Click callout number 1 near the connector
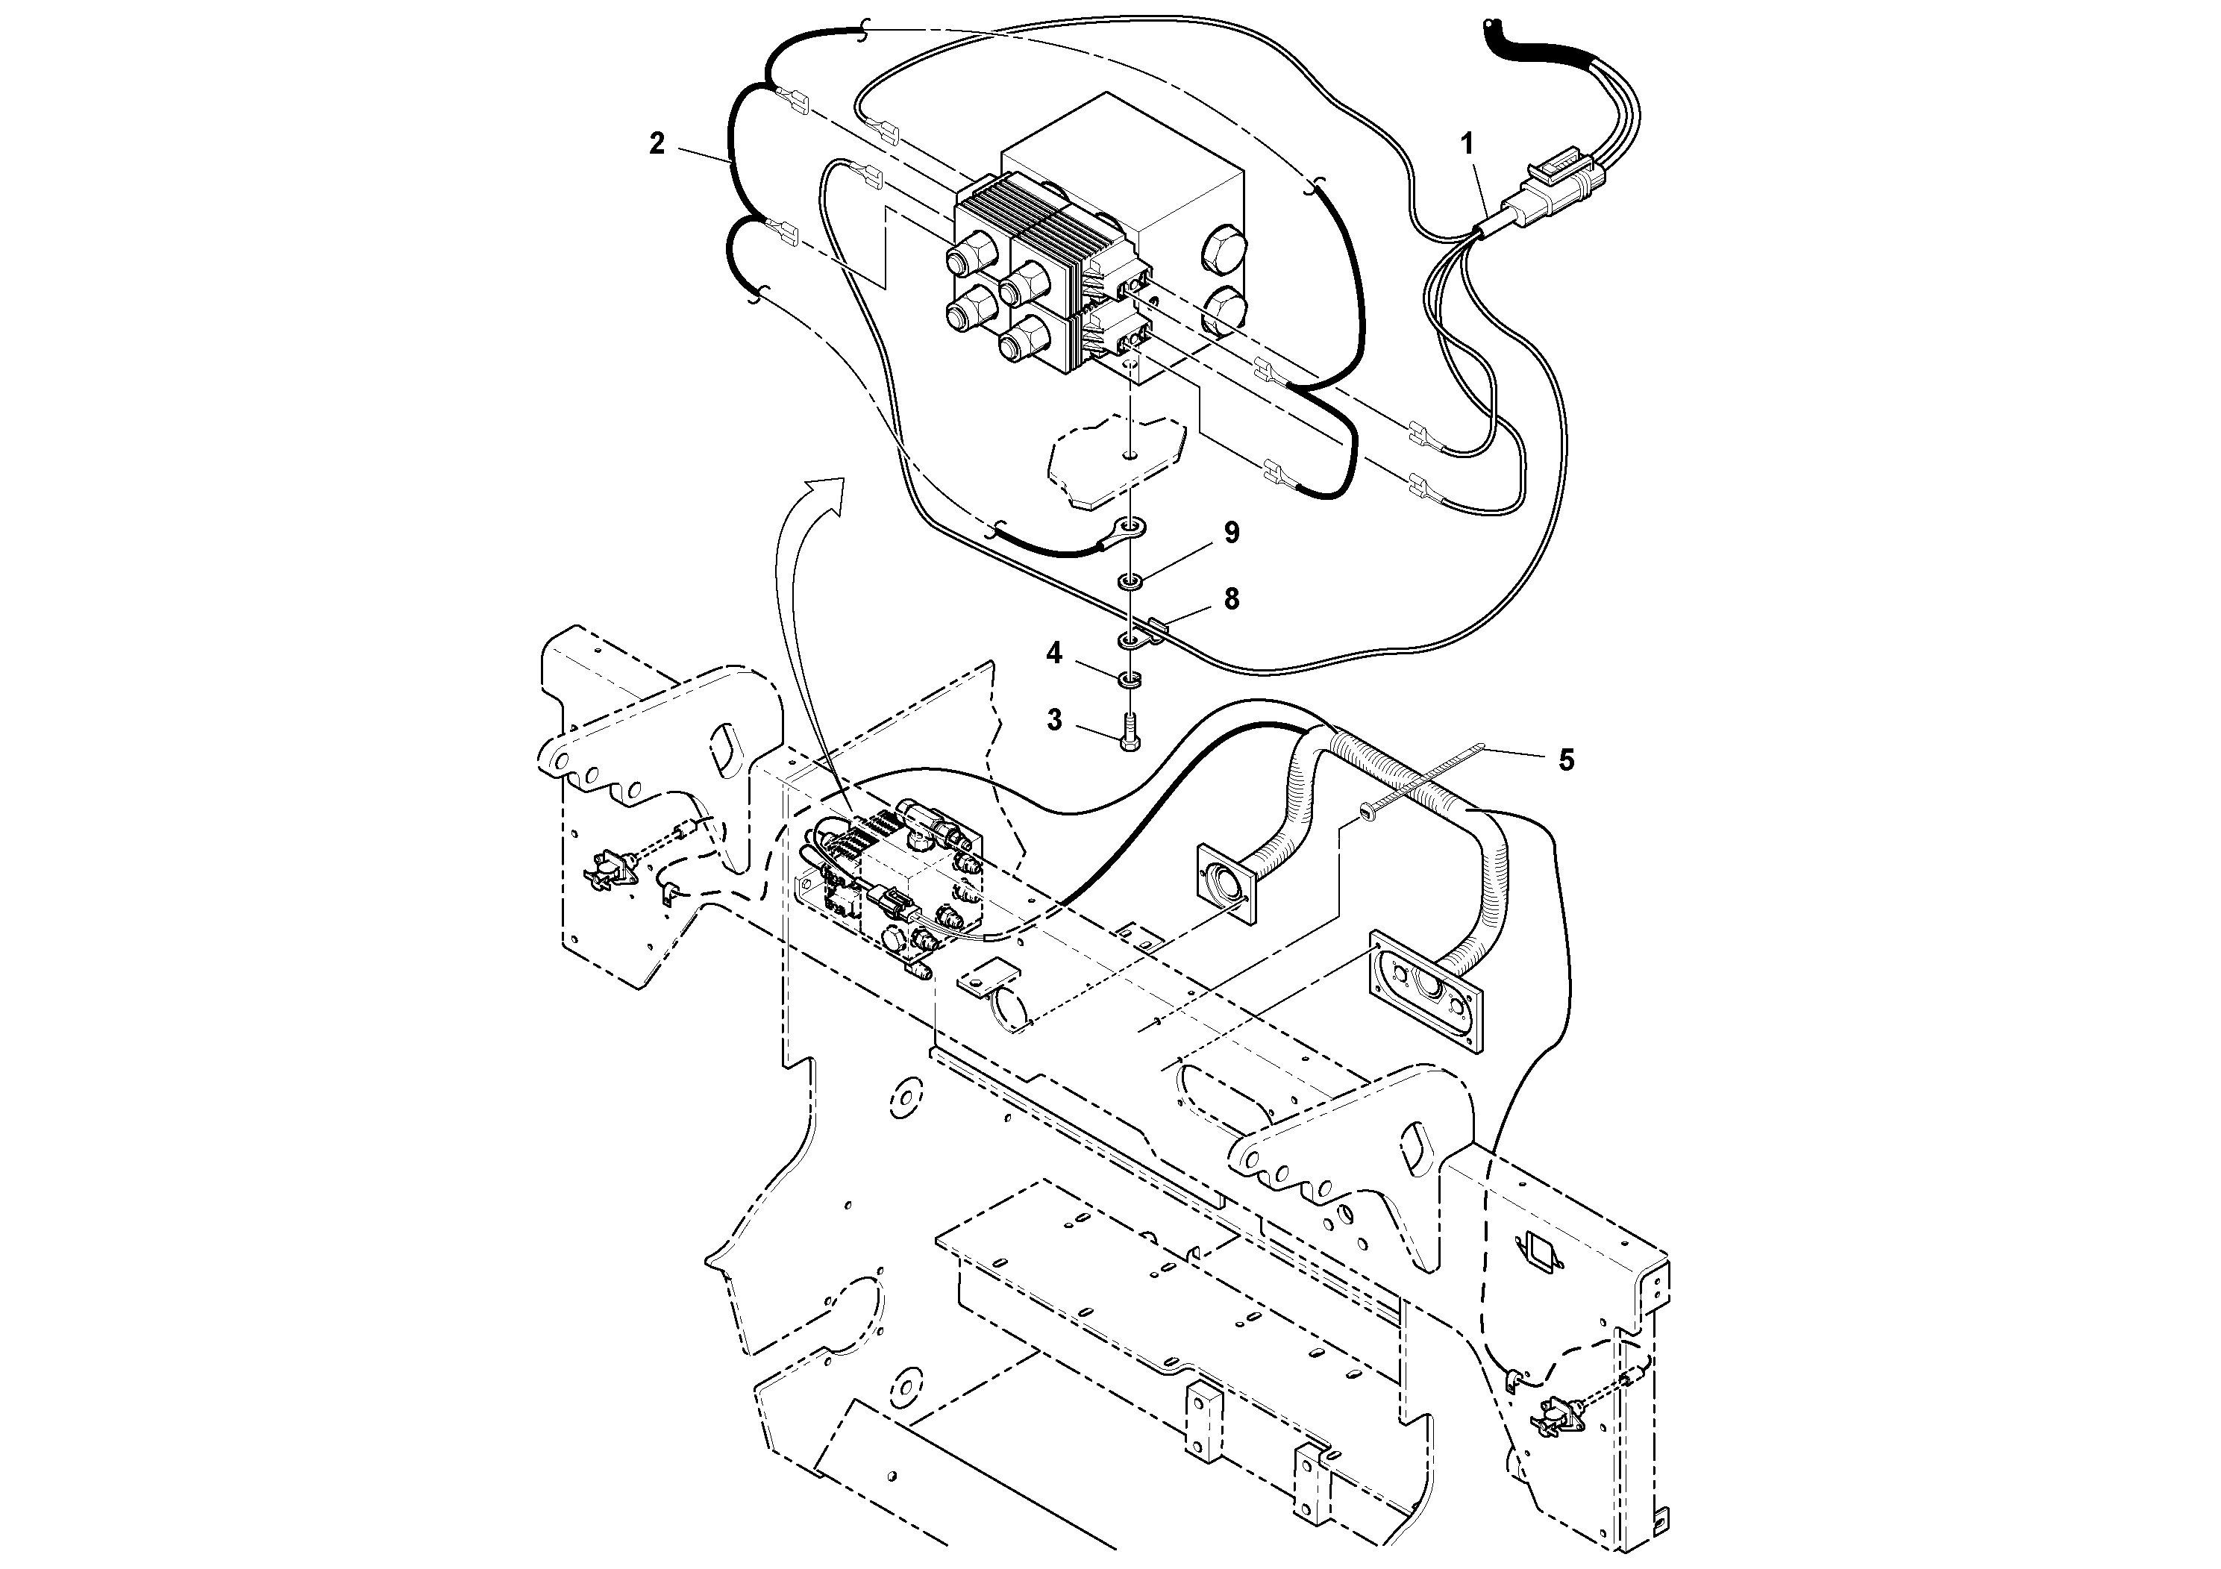pos(1467,144)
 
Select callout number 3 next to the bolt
pos(1053,720)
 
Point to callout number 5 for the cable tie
pos(1565,760)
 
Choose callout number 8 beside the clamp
pos(1232,599)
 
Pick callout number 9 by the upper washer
pos(1232,533)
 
